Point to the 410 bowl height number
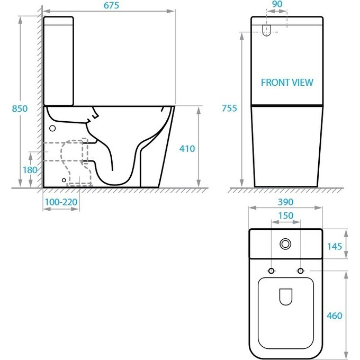point(187,149)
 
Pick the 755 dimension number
point(229,108)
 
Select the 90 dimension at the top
point(276,4)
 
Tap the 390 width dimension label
point(285,202)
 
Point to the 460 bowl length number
point(335,316)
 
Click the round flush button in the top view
point(286,244)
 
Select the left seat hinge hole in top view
point(272,272)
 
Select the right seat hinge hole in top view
point(301,272)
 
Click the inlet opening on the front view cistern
point(267,30)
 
